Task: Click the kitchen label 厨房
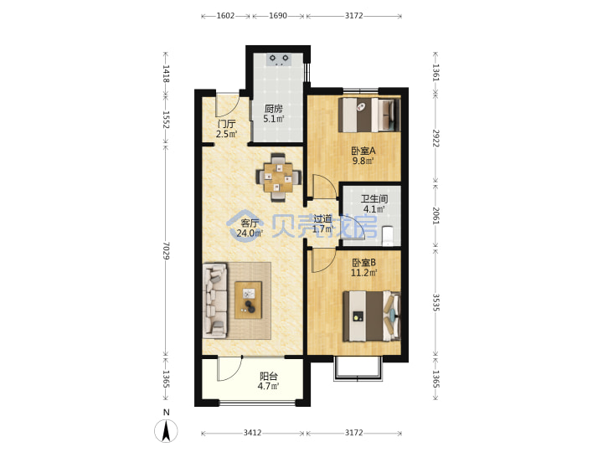tap(273, 109)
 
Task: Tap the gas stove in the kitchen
tap(279, 59)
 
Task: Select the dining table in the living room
tap(278, 177)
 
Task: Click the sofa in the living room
tap(214, 300)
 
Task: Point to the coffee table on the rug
tap(249, 300)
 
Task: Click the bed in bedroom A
tap(369, 115)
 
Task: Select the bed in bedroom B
tap(372, 316)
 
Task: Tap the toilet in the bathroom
tap(388, 235)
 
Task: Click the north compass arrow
tap(166, 431)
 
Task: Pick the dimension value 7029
tap(166, 250)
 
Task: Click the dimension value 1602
tap(225, 16)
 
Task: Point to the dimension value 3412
tap(252, 433)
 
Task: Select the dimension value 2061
tap(436, 216)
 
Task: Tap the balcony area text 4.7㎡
tap(268, 386)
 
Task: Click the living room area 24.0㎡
tap(250, 233)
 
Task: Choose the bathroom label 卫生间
tap(374, 199)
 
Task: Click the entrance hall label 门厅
tap(226, 124)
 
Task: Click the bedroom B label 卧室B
tap(363, 263)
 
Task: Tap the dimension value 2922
tap(436, 138)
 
